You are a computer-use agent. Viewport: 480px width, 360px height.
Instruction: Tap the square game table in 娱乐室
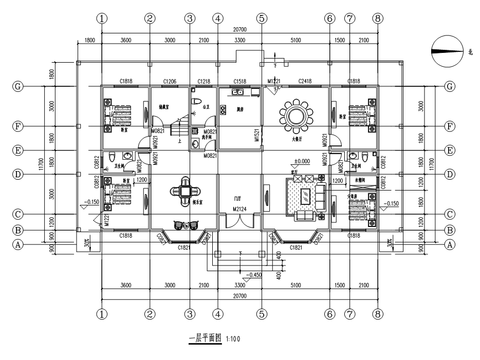pyautogui.click(x=184, y=191)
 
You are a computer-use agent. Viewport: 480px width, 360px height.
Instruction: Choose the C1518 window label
pyautogui.click(x=241, y=81)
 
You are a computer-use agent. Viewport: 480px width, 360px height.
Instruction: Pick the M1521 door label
pyautogui.click(x=257, y=135)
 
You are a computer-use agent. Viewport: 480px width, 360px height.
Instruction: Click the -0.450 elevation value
pyautogui.click(x=255, y=275)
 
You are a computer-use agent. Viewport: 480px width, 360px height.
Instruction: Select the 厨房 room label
pyautogui.click(x=239, y=109)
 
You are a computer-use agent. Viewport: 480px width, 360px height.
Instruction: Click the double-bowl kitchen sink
pyautogui.click(x=237, y=92)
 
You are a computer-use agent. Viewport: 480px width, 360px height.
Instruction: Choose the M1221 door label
pyautogui.click(x=273, y=81)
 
